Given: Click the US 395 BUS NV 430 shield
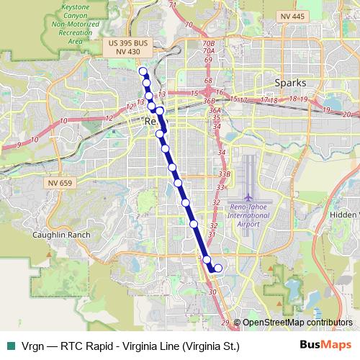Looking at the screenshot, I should click(x=127, y=48).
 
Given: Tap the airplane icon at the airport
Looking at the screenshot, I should click(x=248, y=196).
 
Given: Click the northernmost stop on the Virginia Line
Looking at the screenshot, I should click(x=143, y=71).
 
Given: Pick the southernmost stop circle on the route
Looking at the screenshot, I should click(x=218, y=269).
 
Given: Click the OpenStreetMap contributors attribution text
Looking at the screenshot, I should click(x=292, y=323).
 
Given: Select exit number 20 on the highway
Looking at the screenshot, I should click(x=347, y=114).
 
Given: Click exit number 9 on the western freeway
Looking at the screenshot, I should click(x=18, y=145).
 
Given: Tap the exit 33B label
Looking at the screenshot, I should click(x=224, y=174).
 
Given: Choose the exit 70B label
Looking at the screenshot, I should click(x=209, y=43).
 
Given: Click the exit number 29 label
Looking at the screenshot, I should click(x=225, y=322).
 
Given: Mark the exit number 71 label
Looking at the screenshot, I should click(x=172, y=5).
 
